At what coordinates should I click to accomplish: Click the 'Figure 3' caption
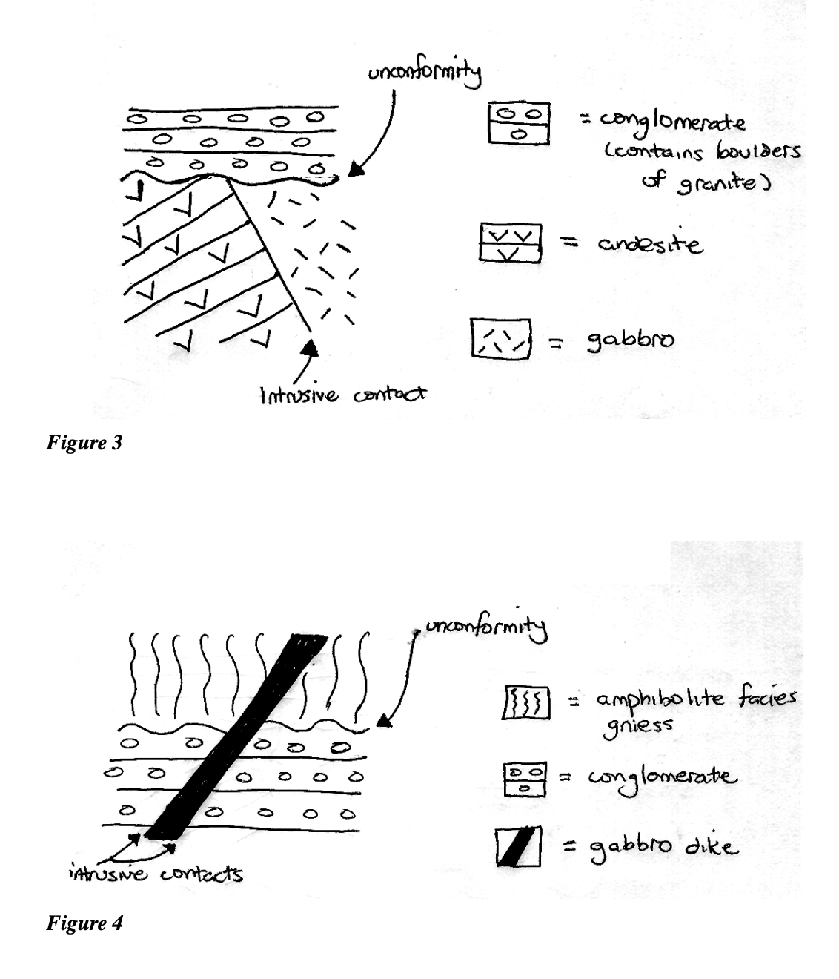[84, 444]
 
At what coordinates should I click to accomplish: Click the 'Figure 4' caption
[84, 923]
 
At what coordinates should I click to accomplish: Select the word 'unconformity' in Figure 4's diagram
[485, 629]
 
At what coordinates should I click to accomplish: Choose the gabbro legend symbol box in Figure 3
[501, 338]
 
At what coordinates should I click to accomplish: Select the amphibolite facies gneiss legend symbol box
[525, 702]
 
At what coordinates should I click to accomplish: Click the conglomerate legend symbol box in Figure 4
[525, 779]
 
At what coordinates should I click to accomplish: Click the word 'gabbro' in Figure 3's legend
[630, 341]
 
